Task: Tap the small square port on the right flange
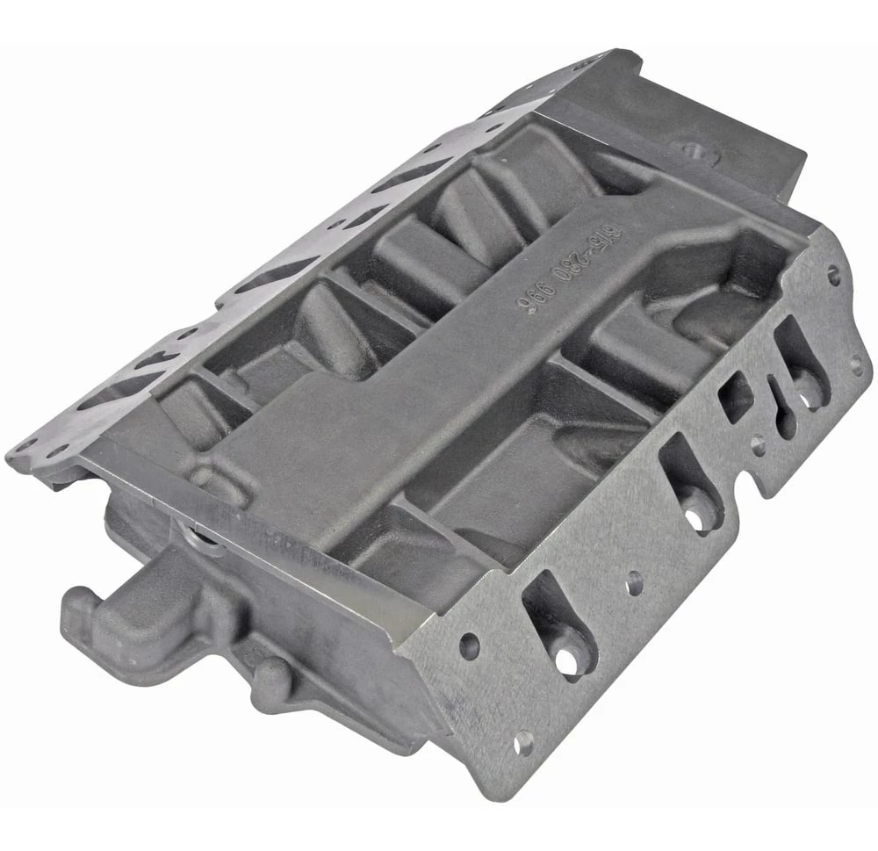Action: point(736,397)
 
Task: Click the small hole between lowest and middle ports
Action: point(635,581)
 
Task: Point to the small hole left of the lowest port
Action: point(469,647)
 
